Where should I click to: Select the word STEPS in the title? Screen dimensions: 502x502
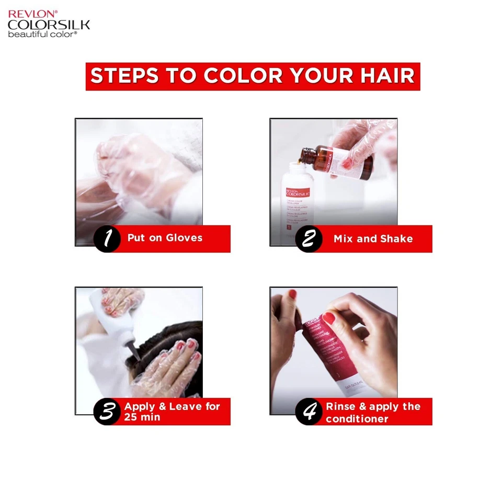coord(124,76)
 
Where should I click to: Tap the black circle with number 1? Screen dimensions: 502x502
coord(107,239)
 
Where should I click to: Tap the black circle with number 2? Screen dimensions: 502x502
coord(309,239)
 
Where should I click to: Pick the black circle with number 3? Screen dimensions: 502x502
coord(107,412)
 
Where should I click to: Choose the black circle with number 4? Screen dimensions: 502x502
coord(309,412)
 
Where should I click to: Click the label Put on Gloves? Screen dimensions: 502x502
coord(165,238)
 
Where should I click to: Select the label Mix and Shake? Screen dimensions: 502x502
coord(373,239)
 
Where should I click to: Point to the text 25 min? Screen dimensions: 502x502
coord(142,418)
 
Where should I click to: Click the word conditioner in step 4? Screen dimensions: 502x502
coord(357,419)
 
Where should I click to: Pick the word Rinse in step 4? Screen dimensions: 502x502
coord(340,406)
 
